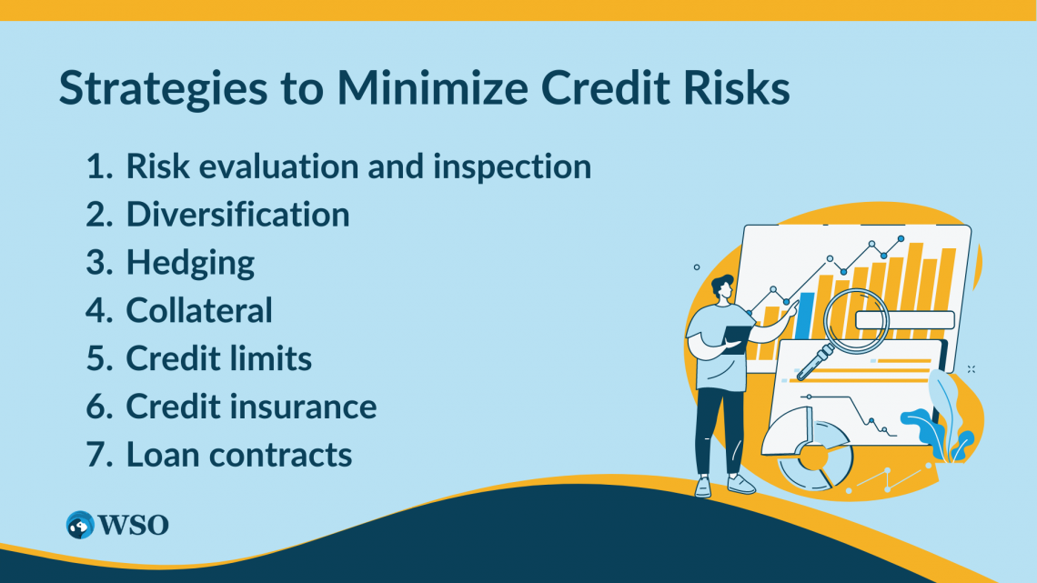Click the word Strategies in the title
[164, 88]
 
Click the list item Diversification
[237, 214]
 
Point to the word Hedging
[190, 264]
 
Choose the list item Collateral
[199, 310]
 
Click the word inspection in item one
[512, 166]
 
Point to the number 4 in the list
[98, 310]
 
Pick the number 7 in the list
[98, 455]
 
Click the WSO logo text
[134, 526]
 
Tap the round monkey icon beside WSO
[80, 525]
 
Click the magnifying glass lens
[856, 322]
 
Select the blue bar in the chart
[804, 316]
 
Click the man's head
[722, 287]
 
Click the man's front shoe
[740, 485]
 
